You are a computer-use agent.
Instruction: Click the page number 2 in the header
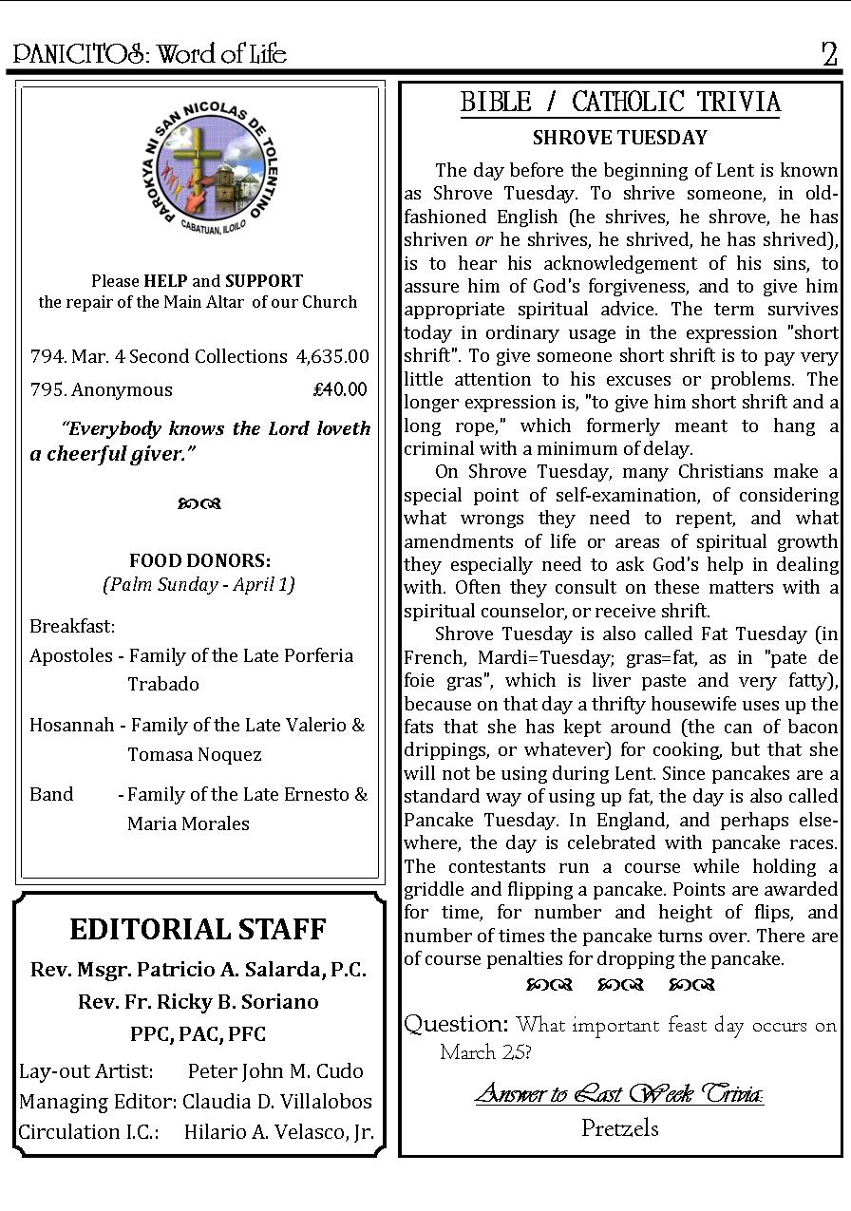(x=829, y=54)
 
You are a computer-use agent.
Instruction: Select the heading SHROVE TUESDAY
(x=619, y=138)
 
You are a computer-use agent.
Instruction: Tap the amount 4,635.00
(x=332, y=356)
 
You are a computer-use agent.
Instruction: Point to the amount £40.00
(x=339, y=389)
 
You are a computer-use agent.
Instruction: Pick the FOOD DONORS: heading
(x=199, y=560)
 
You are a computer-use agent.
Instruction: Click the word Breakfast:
(x=72, y=626)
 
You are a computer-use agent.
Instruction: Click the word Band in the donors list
(x=51, y=794)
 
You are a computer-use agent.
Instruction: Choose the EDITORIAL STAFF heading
(x=198, y=929)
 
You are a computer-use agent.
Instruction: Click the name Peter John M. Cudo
(x=275, y=1070)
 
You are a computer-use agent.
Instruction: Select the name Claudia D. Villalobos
(x=277, y=1102)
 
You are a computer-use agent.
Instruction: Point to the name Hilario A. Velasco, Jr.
(x=278, y=1132)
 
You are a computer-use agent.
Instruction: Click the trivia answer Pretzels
(x=619, y=1128)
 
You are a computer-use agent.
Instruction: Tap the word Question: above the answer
(x=456, y=1024)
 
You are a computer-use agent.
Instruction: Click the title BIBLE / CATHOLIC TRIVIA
(x=620, y=103)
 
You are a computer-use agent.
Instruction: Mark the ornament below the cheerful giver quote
(x=199, y=503)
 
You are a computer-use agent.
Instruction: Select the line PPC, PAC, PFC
(x=198, y=1033)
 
